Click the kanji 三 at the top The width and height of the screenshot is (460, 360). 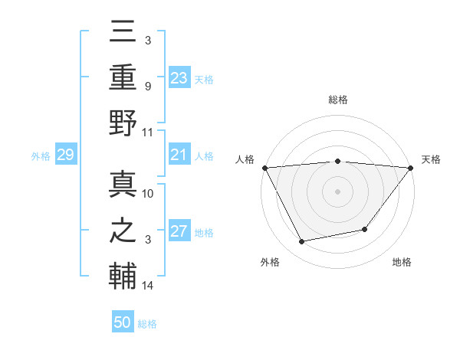123,34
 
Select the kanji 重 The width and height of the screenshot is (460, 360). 123,78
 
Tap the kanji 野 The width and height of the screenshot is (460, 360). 123,123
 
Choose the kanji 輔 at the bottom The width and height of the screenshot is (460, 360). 123,276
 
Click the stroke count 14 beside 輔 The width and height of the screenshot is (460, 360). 148,286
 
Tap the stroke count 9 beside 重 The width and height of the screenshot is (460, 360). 148,86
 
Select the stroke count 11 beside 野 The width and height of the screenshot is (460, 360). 148,132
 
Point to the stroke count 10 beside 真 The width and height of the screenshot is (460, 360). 148,194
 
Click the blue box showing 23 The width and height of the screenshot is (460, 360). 179,78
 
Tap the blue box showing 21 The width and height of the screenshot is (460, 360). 179,155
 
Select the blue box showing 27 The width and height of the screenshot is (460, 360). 179,232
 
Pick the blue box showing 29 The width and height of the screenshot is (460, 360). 65,155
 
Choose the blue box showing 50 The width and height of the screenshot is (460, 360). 123,322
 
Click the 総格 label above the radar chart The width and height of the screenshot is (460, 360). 337,100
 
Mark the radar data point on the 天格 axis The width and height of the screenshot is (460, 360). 411,168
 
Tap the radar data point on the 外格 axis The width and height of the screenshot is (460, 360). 302,242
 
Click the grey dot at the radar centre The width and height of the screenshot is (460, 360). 337,191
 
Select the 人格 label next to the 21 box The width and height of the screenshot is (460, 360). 204,156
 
